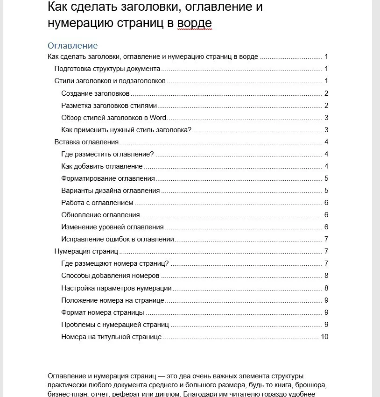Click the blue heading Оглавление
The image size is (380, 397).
(72, 46)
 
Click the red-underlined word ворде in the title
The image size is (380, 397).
(195, 23)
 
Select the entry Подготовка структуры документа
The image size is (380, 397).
(107, 69)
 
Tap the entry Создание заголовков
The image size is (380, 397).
(95, 93)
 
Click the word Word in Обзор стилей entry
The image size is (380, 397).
(158, 118)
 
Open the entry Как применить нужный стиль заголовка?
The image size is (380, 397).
(127, 130)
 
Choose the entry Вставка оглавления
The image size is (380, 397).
(86, 142)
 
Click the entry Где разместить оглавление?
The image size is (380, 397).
(107, 154)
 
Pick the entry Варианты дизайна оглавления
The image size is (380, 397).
(111, 191)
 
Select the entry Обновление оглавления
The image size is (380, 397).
(101, 215)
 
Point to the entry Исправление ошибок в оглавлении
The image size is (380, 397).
(118, 239)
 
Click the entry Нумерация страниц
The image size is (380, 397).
(86, 251)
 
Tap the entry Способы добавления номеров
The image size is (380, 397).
(110, 276)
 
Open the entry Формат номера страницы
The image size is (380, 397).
(103, 312)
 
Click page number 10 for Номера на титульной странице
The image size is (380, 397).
(325, 336)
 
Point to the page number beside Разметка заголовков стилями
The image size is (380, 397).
(327, 106)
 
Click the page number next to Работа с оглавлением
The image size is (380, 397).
(327, 203)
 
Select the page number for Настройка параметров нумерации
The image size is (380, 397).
(327, 288)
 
